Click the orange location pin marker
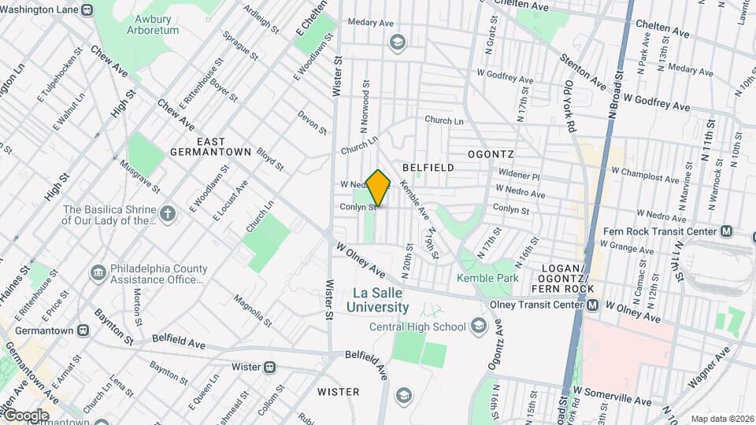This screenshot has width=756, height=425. (379, 187)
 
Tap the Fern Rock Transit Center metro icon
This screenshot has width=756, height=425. (726, 231)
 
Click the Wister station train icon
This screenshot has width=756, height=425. (270, 367)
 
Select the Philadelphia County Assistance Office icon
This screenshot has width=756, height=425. (98, 272)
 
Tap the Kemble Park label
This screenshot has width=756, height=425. (487, 278)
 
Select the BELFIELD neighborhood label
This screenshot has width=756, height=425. (428, 168)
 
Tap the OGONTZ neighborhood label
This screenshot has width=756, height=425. (491, 153)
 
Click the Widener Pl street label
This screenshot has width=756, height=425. (518, 177)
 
